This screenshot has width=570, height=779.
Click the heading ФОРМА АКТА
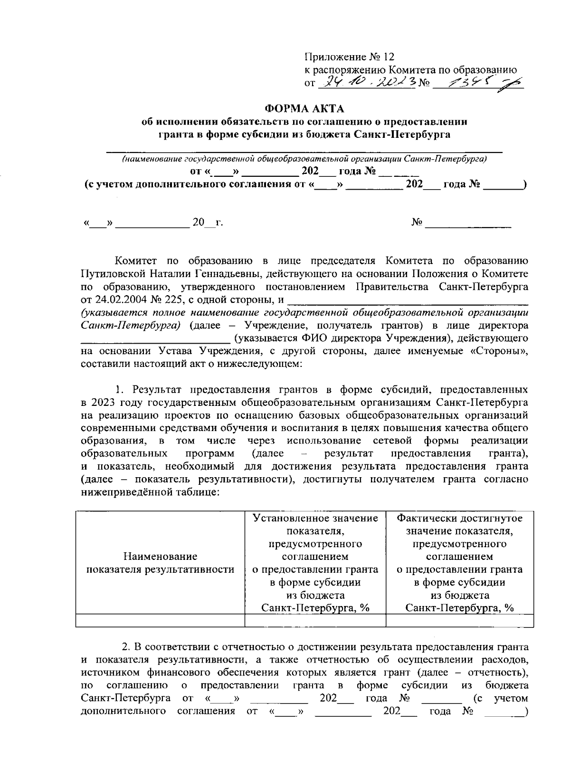coord(304,109)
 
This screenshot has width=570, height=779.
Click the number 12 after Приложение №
coord(389,58)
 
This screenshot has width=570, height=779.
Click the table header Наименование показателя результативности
coord(160,563)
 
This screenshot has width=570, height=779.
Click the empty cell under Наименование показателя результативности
coord(160,620)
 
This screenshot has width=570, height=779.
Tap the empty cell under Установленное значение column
coord(315,620)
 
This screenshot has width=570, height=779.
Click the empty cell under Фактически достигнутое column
coord(459,620)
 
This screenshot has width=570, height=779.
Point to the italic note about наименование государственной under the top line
coord(304,158)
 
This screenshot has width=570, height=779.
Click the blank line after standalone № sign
coord(468,222)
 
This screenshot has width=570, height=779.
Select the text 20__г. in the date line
coord(208,222)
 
